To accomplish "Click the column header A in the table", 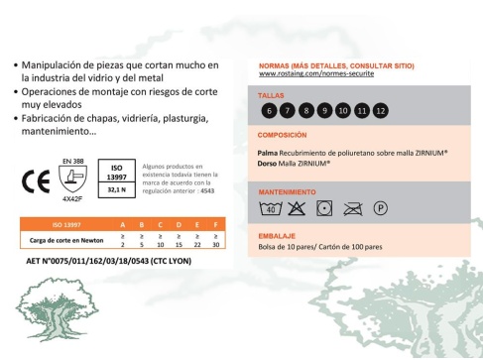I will [123, 225].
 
